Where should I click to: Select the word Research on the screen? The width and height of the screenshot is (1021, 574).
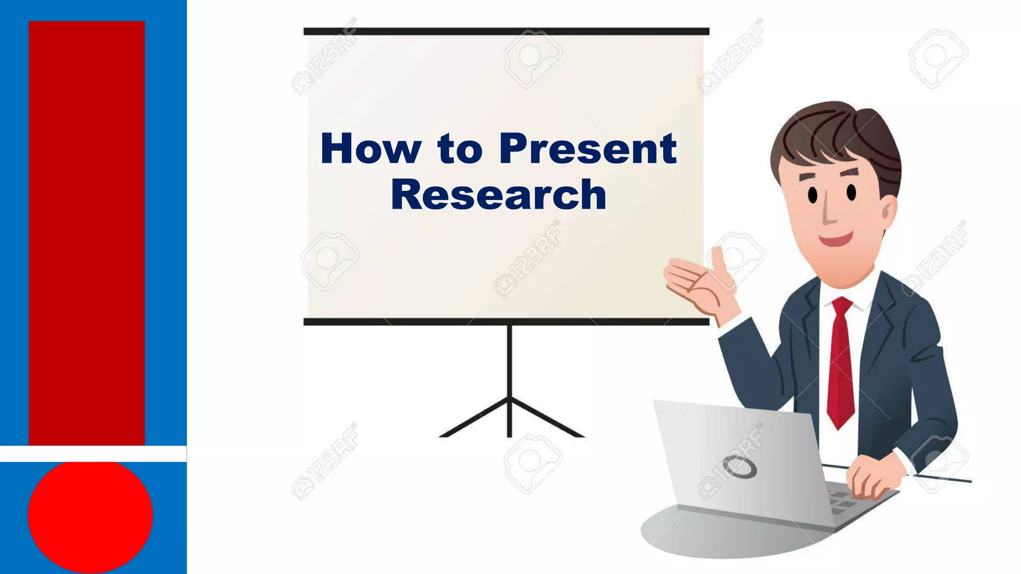(x=498, y=194)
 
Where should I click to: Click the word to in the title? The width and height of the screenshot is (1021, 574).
(x=460, y=148)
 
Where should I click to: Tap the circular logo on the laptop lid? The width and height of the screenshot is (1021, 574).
(x=740, y=467)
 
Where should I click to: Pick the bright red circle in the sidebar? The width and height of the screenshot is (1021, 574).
(x=90, y=516)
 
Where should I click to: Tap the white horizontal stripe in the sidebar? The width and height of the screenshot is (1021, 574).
(x=93, y=454)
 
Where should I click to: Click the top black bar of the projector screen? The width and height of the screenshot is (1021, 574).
(x=506, y=31)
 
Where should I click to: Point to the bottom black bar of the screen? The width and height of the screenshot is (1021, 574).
(x=506, y=322)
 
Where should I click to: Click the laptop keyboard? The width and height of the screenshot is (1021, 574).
(x=848, y=501)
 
